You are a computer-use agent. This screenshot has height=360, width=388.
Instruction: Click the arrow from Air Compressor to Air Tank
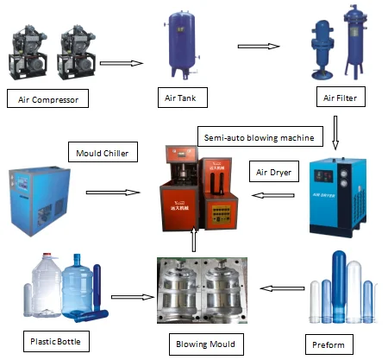coord(121,63)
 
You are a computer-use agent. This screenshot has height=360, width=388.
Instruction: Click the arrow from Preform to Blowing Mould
coord(276,291)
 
